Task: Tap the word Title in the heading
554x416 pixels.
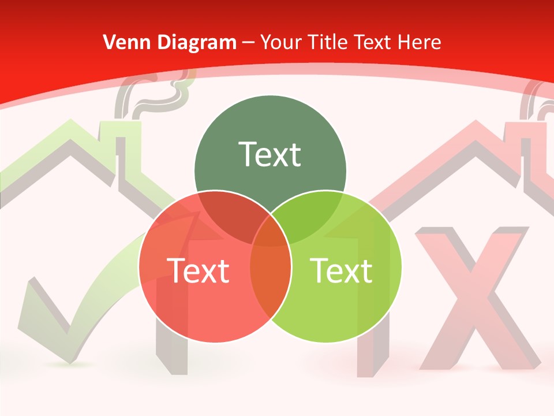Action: coord(328,42)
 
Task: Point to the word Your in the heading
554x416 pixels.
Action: coord(281,42)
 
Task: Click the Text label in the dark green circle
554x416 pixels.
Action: coord(270,154)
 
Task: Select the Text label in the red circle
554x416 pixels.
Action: coord(198,270)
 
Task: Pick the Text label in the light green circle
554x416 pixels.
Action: coord(341,270)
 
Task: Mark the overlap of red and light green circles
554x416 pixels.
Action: coord(270,272)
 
